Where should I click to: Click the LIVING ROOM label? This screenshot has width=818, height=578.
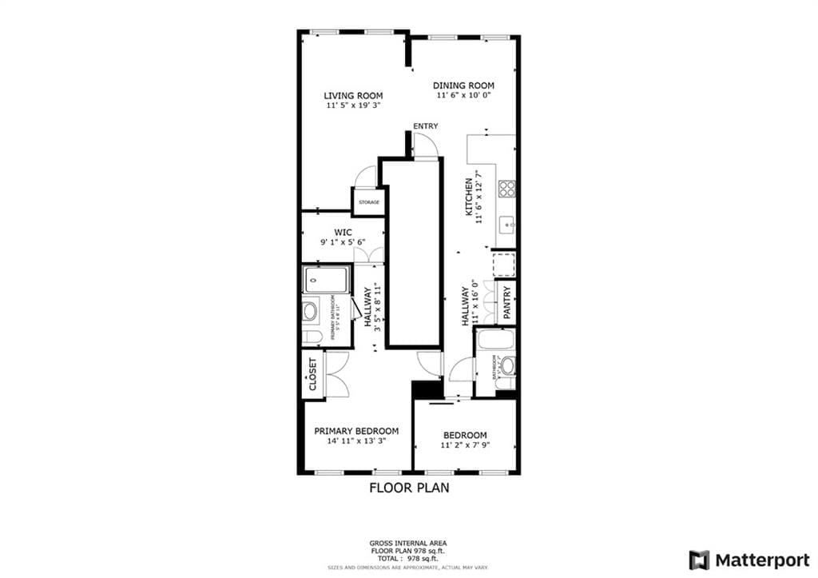[x=353, y=96]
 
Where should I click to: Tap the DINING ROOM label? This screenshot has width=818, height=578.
[x=463, y=86]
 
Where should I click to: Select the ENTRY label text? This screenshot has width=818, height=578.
[x=425, y=126]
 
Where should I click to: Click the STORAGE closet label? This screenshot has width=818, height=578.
[x=368, y=202]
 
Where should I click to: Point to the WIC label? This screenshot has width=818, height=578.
[x=343, y=233]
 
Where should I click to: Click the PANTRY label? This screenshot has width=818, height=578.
[x=506, y=302]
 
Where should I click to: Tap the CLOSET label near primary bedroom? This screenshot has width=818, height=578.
[x=312, y=373]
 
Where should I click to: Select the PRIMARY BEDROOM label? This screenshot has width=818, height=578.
[x=355, y=431]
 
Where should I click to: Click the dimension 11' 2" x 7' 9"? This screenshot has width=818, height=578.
[x=464, y=445]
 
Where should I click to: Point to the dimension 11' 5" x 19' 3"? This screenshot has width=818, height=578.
[x=353, y=106]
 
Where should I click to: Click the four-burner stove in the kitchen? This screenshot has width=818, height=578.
[x=506, y=189]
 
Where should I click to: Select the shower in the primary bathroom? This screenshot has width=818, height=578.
[x=326, y=281]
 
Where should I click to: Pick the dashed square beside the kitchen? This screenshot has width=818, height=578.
[x=503, y=265]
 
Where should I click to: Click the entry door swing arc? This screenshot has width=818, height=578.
[x=427, y=145]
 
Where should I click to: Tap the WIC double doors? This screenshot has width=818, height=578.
[x=366, y=255]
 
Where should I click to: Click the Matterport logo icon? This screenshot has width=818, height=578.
[x=699, y=560]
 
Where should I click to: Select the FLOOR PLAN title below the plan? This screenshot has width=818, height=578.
[x=408, y=488]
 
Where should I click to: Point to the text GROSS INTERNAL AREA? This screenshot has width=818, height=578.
[x=408, y=542]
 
